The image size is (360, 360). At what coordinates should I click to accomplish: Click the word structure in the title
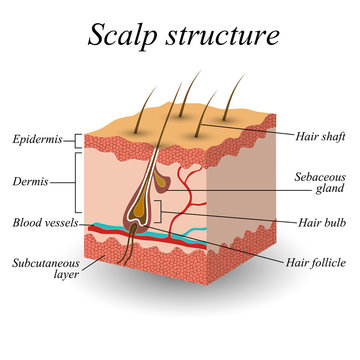coord(222,37)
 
